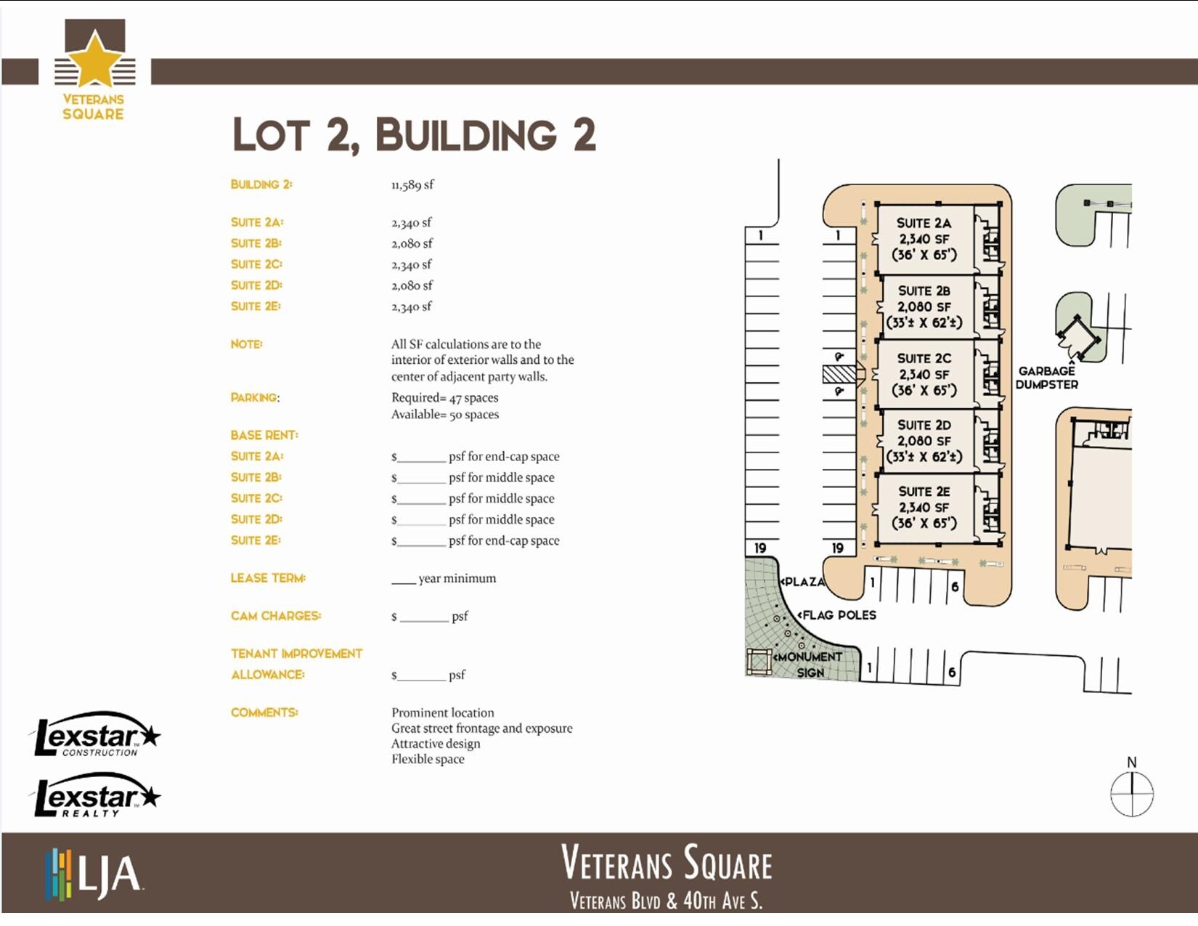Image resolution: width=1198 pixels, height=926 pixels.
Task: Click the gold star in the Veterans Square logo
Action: pos(94,60)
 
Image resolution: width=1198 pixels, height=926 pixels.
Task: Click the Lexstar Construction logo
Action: pos(96,734)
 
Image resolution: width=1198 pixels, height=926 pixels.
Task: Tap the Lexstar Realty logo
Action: pos(96,797)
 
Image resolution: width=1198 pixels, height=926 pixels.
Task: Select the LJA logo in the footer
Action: pos(93,874)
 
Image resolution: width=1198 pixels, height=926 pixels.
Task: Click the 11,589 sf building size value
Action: pos(412,185)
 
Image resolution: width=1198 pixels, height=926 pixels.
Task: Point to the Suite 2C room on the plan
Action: pos(923,374)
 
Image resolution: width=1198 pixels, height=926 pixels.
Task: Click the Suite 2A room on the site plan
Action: pos(923,239)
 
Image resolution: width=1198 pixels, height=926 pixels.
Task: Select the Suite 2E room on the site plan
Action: pos(923,508)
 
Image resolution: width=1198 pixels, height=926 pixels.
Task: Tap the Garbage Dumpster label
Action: pos(1046,378)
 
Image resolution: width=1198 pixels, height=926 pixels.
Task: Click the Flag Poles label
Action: pos(839,615)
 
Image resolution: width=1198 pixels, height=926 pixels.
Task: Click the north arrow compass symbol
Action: pos(1131,794)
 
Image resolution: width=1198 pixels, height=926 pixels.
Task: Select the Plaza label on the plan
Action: pos(804,582)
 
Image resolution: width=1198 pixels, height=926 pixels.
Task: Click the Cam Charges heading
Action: pos(276,616)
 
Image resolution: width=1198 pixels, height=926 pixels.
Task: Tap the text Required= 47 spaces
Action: pos(444,398)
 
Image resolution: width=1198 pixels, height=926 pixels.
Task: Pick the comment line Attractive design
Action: pos(436,744)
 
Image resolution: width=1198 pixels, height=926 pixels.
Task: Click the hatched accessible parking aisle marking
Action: pos(839,375)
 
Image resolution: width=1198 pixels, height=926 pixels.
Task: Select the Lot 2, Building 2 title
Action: pos(414,135)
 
